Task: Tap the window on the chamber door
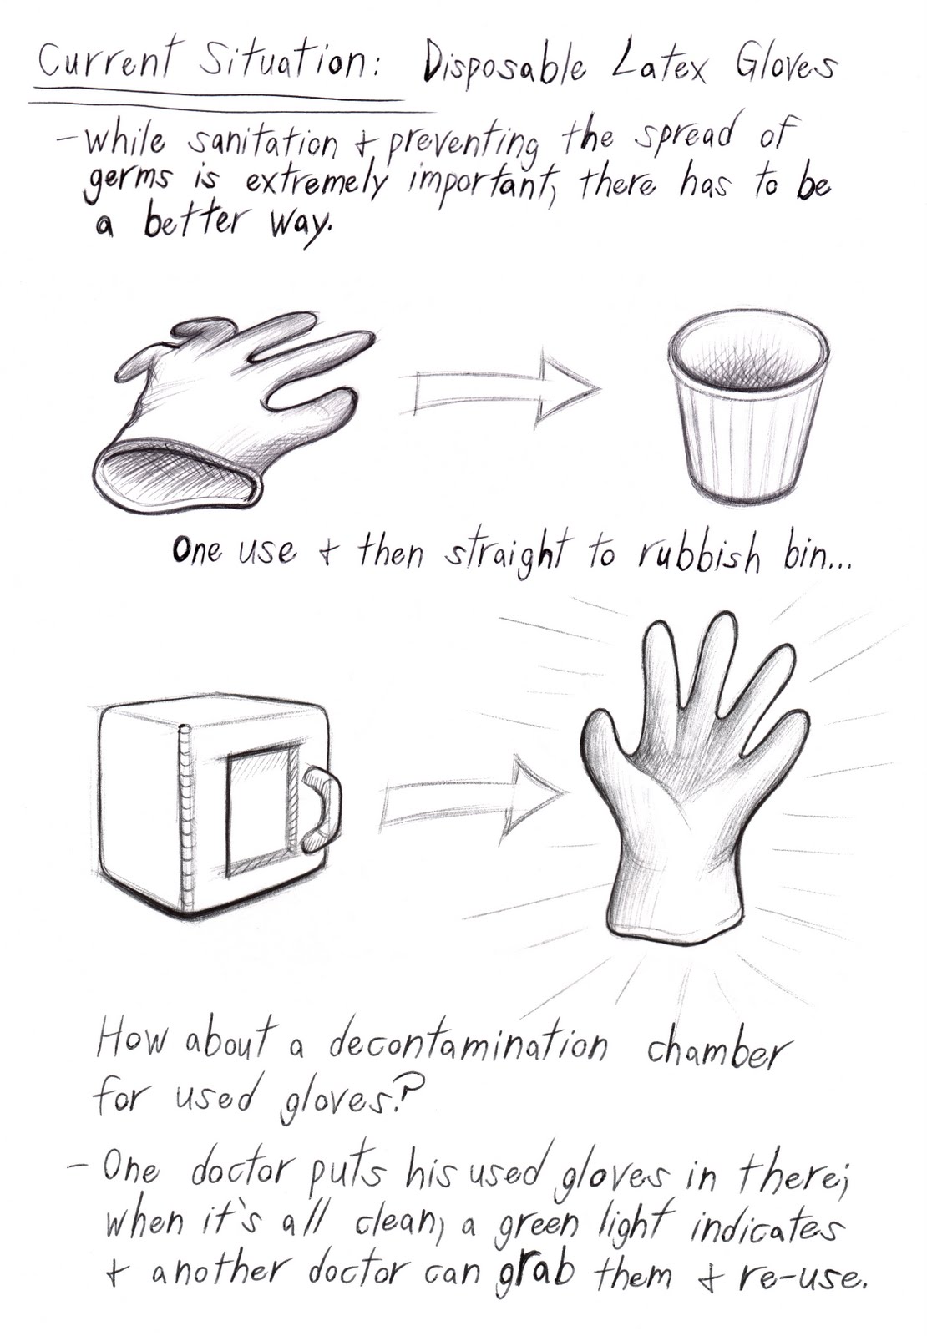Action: [258, 810]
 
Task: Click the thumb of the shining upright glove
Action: [603, 747]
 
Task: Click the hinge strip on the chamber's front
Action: [185, 818]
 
